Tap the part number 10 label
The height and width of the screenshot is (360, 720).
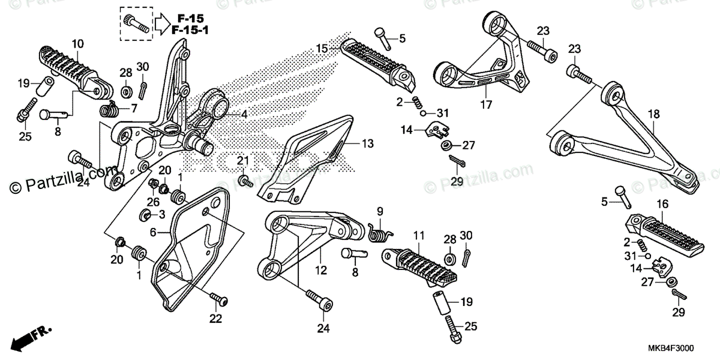pyautogui.click(x=78, y=43)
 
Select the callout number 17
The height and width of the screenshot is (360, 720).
pyautogui.click(x=486, y=104)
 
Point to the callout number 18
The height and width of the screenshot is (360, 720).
pyautogui.click(x=654, y=114)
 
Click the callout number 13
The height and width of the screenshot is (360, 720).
pyautogui.click(x=368, y=143)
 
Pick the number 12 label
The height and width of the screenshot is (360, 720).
pyautogui.click(x=321, y=271)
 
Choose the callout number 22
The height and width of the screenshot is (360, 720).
pyautogui.click(x=215, y=318)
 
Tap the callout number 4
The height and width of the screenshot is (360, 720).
pyautogui.click(x=244, y=114)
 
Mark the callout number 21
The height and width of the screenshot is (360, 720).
pyautogui.click(x=242, y=160)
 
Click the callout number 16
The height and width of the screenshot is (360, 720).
pyautogui.click(x=662, y=205)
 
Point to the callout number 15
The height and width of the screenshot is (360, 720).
pyautogui.click(x=322, y=48)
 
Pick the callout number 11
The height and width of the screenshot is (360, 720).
pyautogui.click(x=419, y=235)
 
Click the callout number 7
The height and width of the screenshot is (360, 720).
pyautogui.click(x=134, y=109)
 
